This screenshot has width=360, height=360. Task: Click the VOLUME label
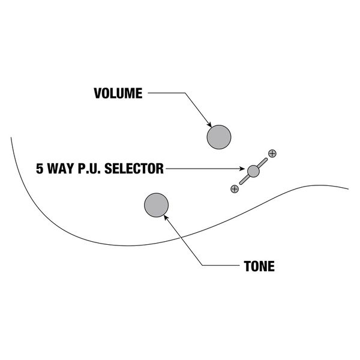[118, 94]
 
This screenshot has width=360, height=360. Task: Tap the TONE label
[259, 266]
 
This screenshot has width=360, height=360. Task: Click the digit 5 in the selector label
[40, 169]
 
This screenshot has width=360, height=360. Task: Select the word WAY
[62, 169]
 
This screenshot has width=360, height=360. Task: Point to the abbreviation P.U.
[91, 169]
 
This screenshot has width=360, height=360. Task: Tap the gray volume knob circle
[219, 137]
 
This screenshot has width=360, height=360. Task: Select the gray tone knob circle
[156, 205]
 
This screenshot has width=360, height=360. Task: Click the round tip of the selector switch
[253, 170]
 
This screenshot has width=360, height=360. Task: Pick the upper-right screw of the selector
[272, 153]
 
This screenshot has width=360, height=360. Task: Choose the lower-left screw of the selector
[235, 188]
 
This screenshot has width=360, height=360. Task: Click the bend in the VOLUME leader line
[183, 94]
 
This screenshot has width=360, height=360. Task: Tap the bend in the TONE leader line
[203, 266]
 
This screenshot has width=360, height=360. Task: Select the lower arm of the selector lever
[244, 179]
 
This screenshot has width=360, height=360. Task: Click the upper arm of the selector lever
[263, 162]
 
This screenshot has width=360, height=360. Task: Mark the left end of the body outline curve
[11, 138]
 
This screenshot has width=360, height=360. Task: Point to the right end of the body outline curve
[347, 188]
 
